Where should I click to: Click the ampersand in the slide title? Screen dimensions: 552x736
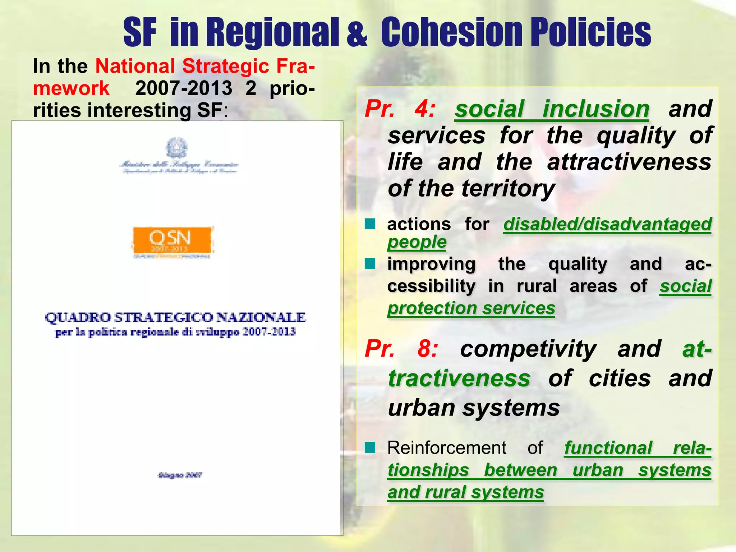tap(357, 33)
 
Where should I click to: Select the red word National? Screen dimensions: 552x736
tap(135, 66)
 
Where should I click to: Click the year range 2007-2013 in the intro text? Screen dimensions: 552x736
tap(184, 88)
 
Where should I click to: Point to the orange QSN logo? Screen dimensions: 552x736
tap(172, 240)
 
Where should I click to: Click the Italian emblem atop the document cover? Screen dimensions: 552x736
tap(176, 148)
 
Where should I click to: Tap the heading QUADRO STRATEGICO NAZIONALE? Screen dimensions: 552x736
tap(175, 318)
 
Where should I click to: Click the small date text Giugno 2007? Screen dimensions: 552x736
tap(180, 475)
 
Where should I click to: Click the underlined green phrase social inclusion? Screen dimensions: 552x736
tap(552, 109)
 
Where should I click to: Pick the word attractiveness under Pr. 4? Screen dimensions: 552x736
tap(629, 162)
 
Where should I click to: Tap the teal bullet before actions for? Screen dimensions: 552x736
tap(370, 224)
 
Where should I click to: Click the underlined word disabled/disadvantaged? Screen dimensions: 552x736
tap(607, 224)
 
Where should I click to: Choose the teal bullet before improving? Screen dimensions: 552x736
tap(370, 264)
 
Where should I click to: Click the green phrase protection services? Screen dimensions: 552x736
tap(471, 308)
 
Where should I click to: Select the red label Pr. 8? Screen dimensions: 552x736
tap(401, 349)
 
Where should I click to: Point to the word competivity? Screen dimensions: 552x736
tap(528, 349)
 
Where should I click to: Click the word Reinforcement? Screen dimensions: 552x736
tap(447, 448)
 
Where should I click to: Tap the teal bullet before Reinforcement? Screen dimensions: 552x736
tap(370, 448)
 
